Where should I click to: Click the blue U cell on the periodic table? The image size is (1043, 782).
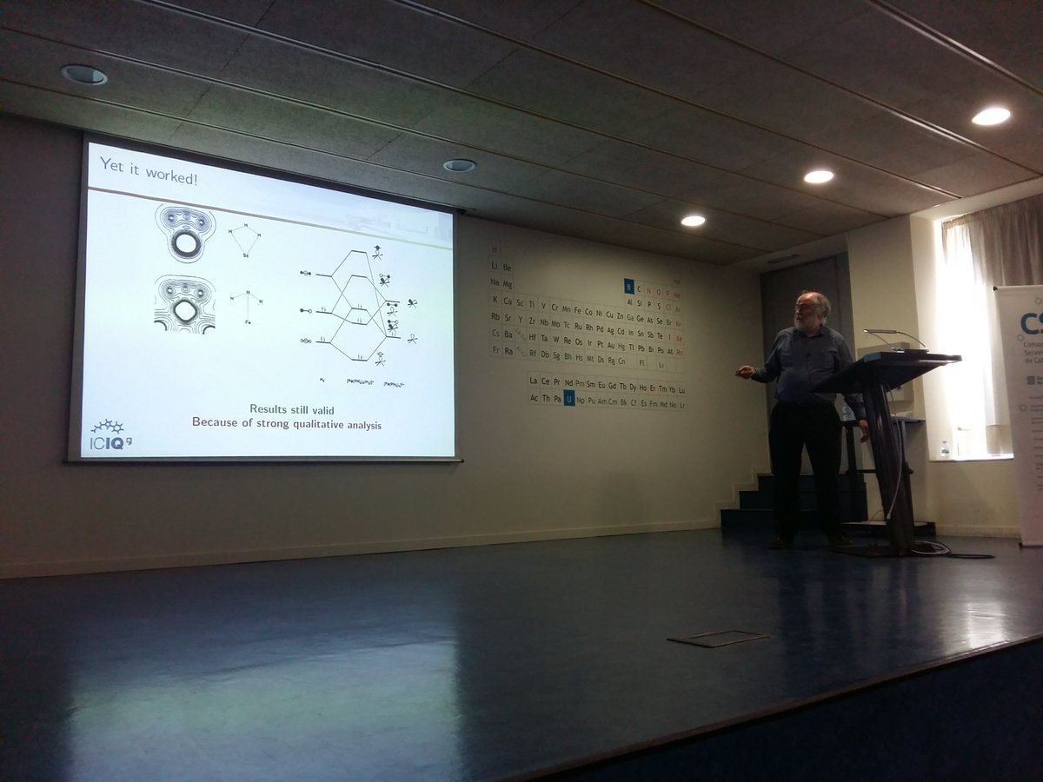[569, 399]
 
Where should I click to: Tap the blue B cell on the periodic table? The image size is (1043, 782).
[628, 286]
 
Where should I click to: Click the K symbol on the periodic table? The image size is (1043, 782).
[495, 301]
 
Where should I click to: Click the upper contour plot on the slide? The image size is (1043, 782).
[185, 233]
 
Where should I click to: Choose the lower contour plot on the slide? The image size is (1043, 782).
[184, 304]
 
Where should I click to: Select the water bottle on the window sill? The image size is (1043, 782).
[945, 449]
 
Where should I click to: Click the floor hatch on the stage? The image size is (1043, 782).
[718, 639]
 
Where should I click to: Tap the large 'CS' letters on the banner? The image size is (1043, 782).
[1031, 324]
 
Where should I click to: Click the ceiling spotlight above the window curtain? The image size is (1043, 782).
[991, 116]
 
